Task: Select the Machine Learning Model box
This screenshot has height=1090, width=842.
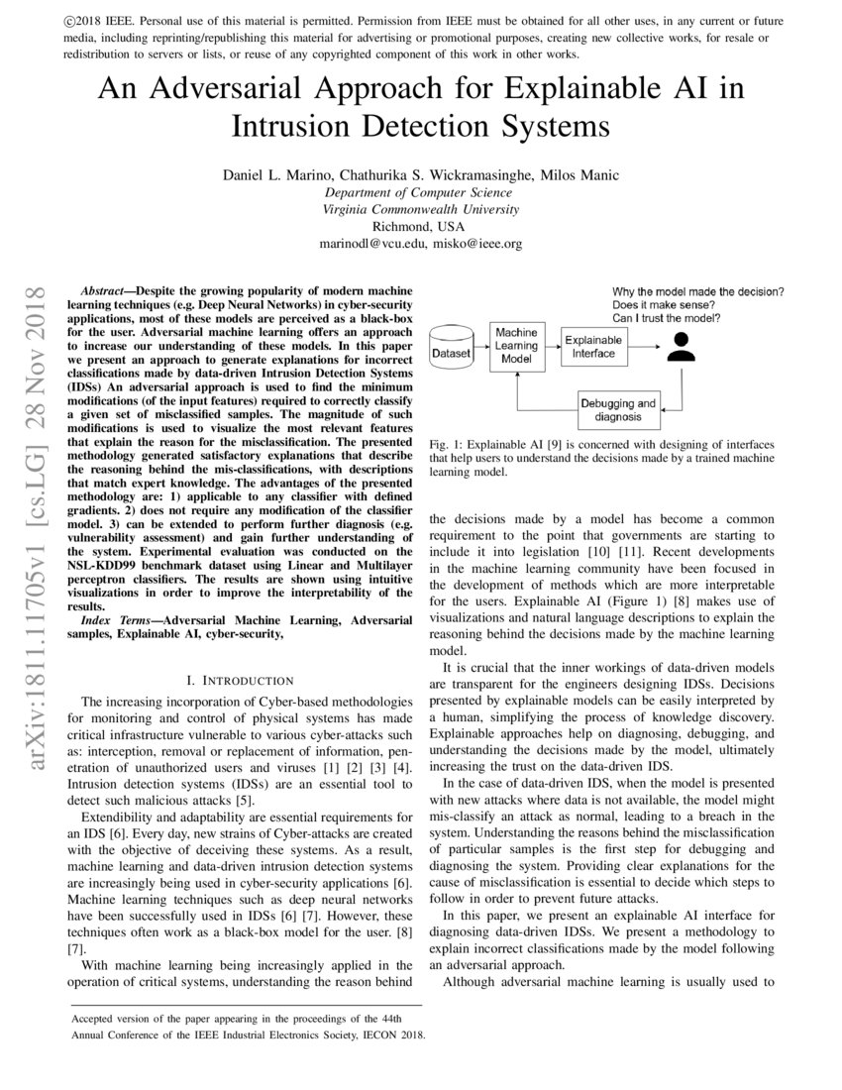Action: pos(516,346)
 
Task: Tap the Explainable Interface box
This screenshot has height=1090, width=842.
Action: pos(593,346)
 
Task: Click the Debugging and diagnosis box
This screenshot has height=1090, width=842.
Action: pos(618,409)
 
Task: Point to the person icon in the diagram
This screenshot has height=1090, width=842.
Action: pos(679,346)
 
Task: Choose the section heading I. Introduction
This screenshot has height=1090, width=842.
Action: pos(240,680)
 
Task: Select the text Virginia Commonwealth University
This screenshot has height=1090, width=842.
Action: pos(420,209)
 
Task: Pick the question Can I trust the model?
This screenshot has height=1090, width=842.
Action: pos(666,319)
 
